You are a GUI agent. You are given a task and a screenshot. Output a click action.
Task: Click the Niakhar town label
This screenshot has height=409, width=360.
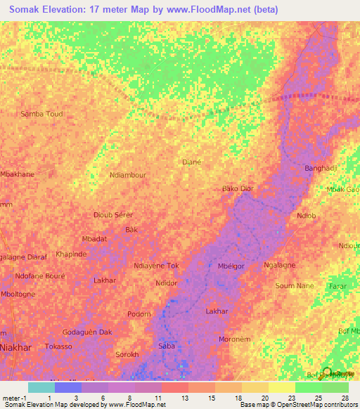pos(16,345)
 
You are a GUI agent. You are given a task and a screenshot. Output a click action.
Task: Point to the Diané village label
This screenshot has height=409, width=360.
pos(192,161)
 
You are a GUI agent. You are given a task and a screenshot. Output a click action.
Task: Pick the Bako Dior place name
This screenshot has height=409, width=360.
pos(237,189)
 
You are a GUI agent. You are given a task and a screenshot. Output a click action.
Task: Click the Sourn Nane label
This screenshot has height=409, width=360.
pos(294,286)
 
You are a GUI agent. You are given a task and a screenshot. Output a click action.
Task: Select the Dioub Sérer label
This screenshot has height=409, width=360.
pos(113,215)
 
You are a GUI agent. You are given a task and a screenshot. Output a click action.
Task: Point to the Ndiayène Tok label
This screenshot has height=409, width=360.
pos(156,266)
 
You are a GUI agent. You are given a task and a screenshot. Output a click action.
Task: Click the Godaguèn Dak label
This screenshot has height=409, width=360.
pos(87,332)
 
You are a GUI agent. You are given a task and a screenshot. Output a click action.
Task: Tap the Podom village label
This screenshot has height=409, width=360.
pos(139,314)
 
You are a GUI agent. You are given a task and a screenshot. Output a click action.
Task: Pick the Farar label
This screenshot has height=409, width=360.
pos(337,287)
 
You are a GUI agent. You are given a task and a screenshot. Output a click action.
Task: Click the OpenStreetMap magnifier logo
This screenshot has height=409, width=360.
pos(324,372)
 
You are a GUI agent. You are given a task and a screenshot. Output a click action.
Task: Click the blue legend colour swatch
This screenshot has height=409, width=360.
pos(67,387)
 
